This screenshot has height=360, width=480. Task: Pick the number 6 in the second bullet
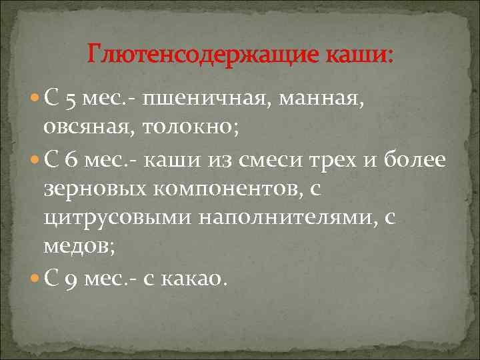point(70,161)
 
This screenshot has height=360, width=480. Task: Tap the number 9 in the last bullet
point(70,276)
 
